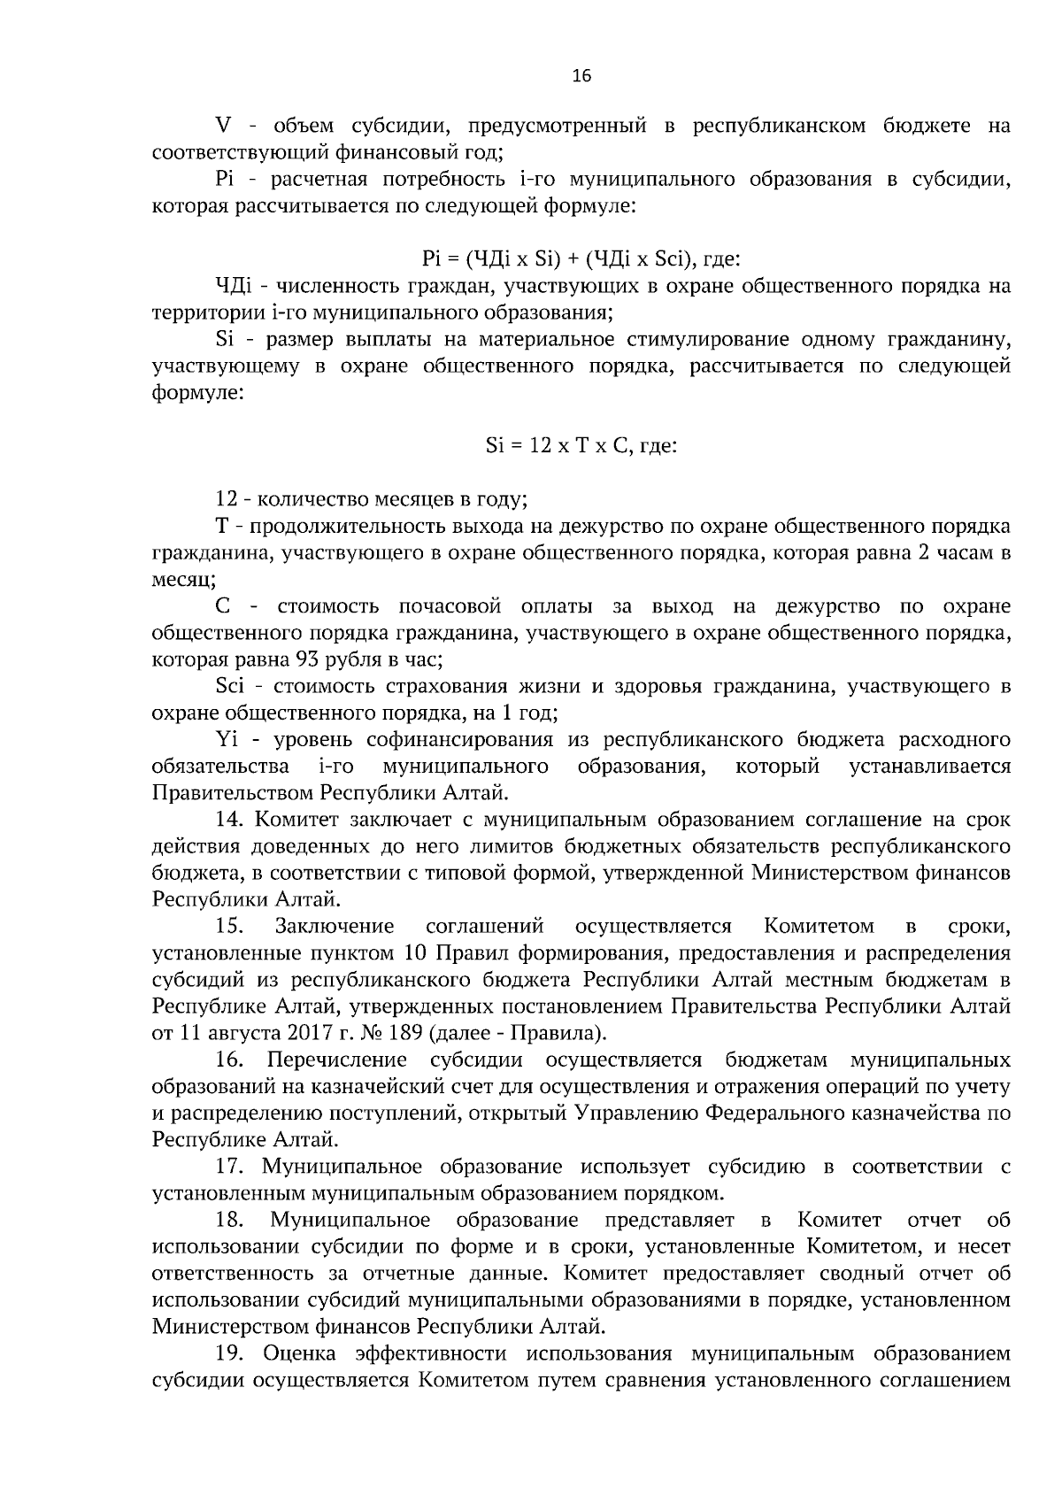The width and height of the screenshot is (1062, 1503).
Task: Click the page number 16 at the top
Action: point(581,76)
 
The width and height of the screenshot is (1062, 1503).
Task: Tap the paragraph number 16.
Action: point(231,1060)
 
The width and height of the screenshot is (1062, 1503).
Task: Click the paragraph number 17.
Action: point(231,1168)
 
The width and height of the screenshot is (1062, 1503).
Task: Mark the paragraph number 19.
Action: point(231,1354)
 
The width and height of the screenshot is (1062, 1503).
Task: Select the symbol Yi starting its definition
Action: point(226,740)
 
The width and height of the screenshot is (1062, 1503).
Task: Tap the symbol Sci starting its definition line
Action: point(229,686)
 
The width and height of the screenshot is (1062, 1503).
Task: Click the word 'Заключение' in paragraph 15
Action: point(335,927)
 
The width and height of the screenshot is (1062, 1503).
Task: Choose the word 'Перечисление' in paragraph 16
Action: point(337,1060)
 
